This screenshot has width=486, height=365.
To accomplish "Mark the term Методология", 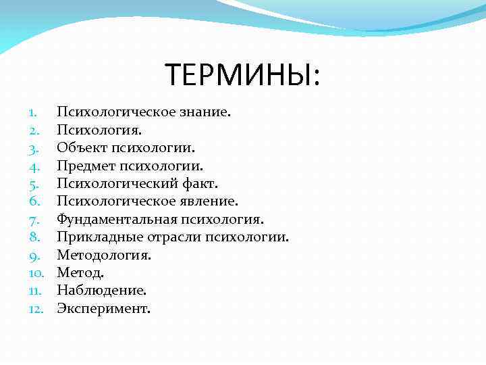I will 103,255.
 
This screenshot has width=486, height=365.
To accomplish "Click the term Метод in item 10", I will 79,273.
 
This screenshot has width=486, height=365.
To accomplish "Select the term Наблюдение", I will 101,291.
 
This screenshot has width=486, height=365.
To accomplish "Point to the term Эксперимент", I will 103,309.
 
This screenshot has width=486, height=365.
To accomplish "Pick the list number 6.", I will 36,201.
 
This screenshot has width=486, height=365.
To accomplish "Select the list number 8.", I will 36,237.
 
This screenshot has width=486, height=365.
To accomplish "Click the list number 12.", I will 36,310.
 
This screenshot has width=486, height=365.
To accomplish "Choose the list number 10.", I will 36,273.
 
